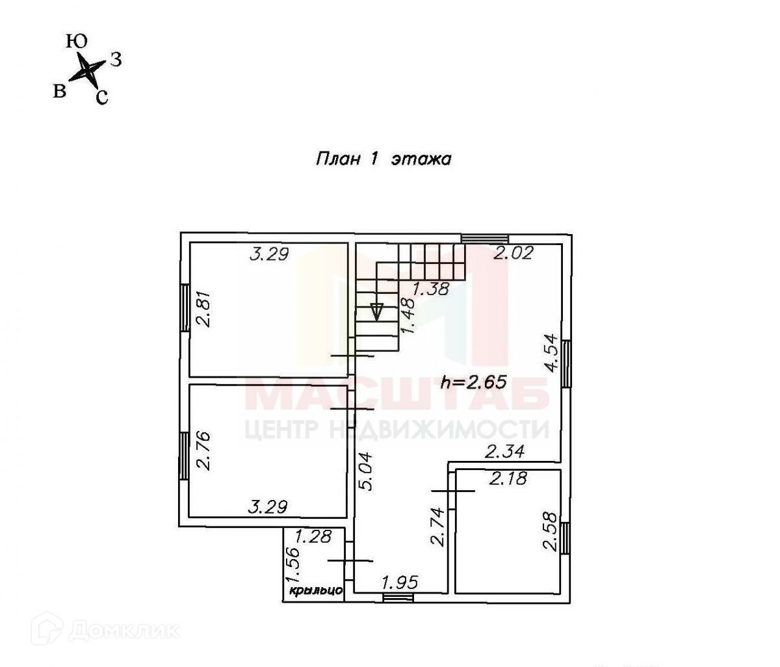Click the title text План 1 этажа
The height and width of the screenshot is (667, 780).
click(383, 159)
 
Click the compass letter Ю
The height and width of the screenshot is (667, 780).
click(77, 42)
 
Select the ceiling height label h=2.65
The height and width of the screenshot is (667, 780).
click(473, 382)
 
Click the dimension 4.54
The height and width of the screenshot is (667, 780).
click(550, 352)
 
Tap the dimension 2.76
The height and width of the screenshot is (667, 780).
click(205, 452)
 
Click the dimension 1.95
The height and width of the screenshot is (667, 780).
click(400, 580)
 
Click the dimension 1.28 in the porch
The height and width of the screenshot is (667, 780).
click(314, 537)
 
